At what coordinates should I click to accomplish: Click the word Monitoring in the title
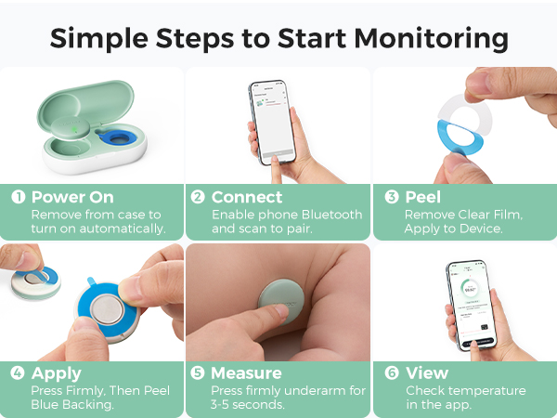(431, 39)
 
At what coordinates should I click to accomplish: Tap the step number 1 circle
(19, 197)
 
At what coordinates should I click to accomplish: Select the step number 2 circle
(198, 197)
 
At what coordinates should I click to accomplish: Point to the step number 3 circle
(392, 197)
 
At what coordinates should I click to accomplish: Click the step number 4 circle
(18, 372)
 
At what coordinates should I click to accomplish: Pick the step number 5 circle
(198, 372)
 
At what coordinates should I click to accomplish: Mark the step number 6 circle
(392, 372)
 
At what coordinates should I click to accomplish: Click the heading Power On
(72, 197)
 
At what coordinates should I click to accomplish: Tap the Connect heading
(247, 197)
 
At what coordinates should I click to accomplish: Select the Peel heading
(423, 197)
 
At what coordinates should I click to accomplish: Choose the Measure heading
(246, 373)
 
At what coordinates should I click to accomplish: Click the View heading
(427, 373)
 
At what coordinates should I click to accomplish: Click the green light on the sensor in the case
(75, 129)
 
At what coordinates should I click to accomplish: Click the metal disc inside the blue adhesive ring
(107, 309)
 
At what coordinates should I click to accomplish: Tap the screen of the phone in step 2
(273, 122)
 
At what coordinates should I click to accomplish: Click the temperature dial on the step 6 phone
(470, 289)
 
